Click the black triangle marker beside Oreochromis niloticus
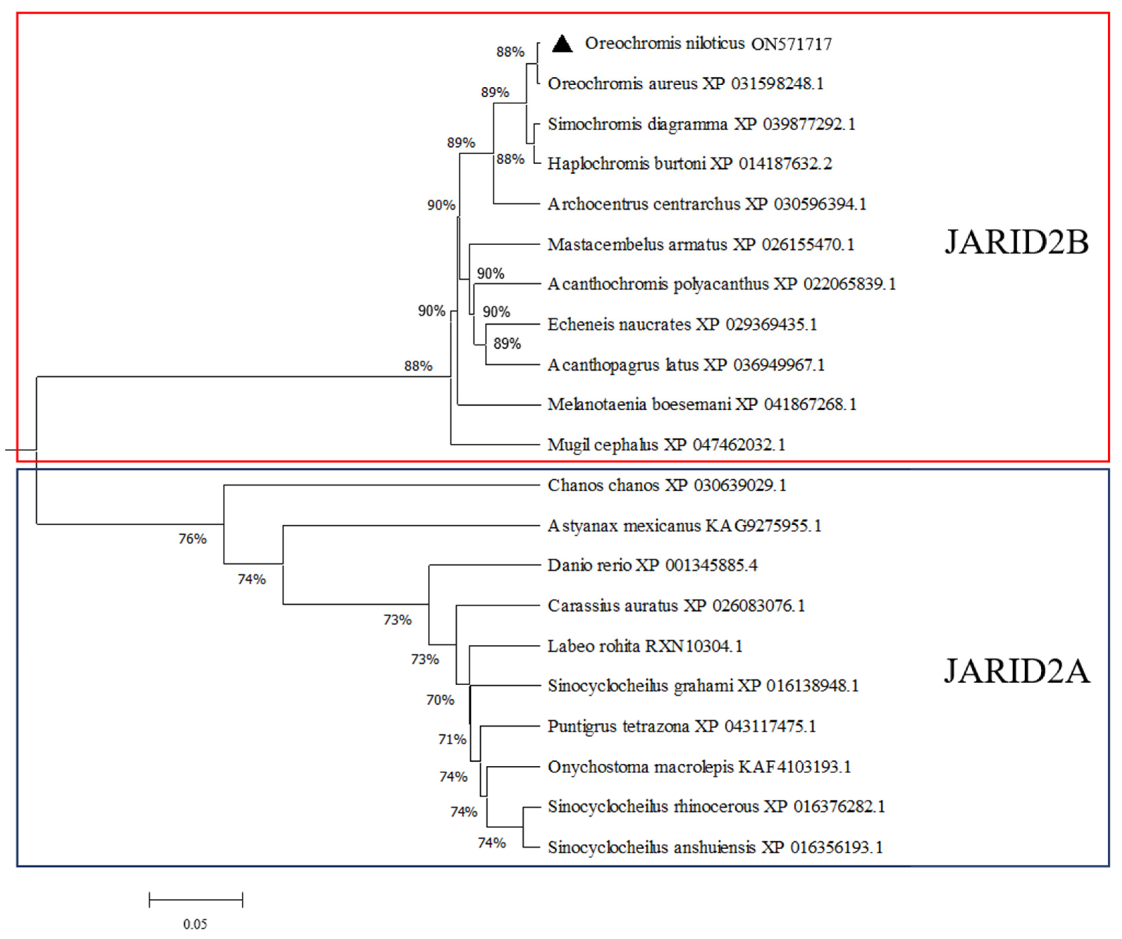click(562, 44)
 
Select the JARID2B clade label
click(1016, 243)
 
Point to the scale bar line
click(195, 900)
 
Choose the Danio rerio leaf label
click(652, 565)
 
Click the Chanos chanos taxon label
click(666, 486)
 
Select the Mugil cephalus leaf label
click(666, 445)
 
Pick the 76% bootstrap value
click(192, 539)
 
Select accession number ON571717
click(791, 44)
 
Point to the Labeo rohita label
click(644, 646)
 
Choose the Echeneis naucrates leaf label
click(682, 325)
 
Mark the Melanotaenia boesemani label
click(702, 404)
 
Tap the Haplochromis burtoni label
click(689, 163)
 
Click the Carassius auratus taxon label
click(675, 606)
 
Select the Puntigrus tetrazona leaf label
click(681, 727)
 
